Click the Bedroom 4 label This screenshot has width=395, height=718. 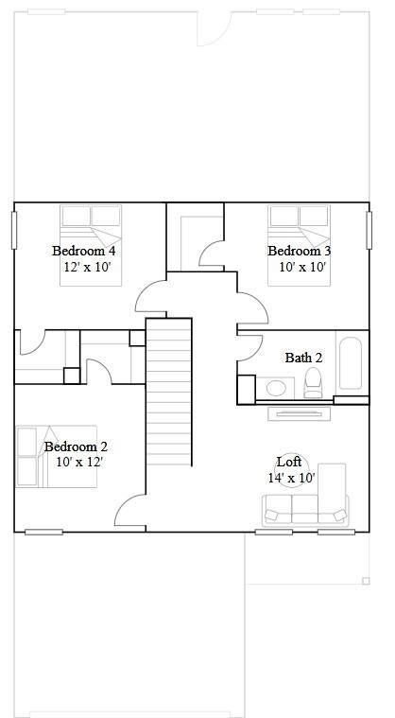pos(84,251)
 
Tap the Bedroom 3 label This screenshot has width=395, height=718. pos(300,251)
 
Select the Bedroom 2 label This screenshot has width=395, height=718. pos(76,447)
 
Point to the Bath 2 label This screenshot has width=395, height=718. pos(303,358)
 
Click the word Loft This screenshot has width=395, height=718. pos(289,461)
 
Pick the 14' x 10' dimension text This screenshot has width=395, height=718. pos(292,478)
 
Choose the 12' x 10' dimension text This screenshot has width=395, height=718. pos(88,267)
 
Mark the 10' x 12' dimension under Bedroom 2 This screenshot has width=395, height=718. pos(79,462)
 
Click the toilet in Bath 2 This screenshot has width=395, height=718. pos(314,383)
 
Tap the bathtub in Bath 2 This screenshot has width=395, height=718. pos(351,363)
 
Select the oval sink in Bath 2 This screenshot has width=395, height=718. pos(276,388)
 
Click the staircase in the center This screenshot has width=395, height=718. pos(169,392)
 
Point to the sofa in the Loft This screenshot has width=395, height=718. pos(305,510)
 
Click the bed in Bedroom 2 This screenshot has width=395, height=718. pos(57,457)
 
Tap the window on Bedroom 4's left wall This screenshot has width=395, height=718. pos(14,230)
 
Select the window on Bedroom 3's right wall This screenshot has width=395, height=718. pos(369,230)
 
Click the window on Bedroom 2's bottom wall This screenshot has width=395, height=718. pos(43,532)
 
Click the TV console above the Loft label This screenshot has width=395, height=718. pos(299,413)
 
